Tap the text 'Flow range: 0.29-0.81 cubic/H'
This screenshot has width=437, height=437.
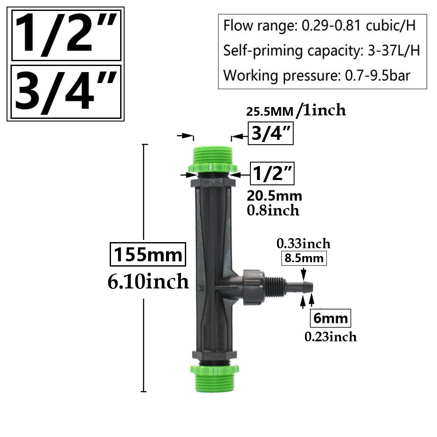[x=319, y=26]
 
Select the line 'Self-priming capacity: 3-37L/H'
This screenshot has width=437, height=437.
[x=322, y=51]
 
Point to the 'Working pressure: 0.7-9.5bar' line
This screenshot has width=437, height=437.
[x=317, y=75]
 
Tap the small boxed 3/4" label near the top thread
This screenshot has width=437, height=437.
[x=271, y=133]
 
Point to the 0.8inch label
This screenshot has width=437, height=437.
[x=273, y=210]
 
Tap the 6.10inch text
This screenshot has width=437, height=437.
[x=148, y=281]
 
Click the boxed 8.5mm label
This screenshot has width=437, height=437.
[x=304, y=258]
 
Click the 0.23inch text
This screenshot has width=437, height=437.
[x=330, y=336]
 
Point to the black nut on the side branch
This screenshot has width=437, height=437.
[x=253, y=286]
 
